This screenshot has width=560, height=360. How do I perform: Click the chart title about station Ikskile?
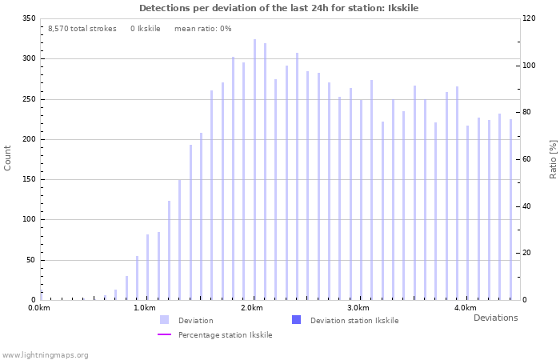click(x=278, y=8)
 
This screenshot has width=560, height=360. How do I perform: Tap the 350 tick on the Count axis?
click(x=29, y=18)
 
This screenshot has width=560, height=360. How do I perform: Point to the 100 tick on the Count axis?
click(x=29, y=219)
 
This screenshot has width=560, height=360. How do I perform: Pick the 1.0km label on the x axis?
click(x=145, y=308)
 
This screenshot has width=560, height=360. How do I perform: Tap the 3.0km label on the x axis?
click(x=358, y=308)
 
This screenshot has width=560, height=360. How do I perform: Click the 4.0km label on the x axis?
click(x=465, y=308)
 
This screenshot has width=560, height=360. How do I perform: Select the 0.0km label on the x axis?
click(x=38, y=308)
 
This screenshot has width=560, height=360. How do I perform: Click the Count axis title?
click(x=8, y=158)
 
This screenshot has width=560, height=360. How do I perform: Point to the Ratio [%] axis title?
click(x=553, y=158)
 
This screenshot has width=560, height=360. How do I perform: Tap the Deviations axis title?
click(x=495, y=318)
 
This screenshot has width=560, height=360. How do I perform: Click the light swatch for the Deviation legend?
click(x=164, y=320)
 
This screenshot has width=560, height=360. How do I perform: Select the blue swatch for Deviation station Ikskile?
click(x=297, y=320)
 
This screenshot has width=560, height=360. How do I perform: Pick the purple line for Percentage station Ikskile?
click(x=164, y=334)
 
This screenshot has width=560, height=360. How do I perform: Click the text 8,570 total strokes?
click(x=82, y=29)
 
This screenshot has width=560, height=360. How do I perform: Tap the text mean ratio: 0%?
click(x=202, y=29)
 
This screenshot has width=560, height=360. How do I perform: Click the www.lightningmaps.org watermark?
click(x=45, y=355)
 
